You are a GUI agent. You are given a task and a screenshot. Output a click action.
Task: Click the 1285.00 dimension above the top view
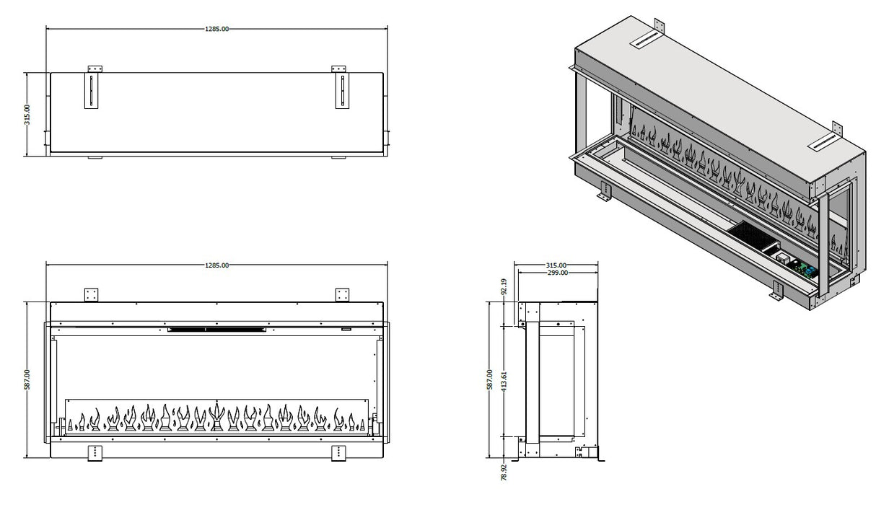click(217, 29)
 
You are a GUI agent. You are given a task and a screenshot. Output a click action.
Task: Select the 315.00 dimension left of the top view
click(27, 114)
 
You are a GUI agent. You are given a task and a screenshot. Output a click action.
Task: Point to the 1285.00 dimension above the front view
click(217, 265)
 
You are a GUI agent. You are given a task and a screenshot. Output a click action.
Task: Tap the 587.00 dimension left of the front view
click(27, 380)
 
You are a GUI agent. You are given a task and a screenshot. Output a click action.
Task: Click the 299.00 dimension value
click(556, 273)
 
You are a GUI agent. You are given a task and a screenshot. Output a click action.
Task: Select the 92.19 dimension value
click(504, 286)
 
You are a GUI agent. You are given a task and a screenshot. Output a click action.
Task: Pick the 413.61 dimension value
click(504, 380)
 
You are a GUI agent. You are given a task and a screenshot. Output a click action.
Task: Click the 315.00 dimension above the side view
click(556, 265)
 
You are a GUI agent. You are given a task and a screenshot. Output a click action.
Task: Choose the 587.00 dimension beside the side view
click(490, 380)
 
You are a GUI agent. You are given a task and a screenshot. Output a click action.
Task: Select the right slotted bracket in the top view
click(342, 90)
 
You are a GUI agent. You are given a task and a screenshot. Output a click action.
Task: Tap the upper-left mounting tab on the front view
click(91, 295)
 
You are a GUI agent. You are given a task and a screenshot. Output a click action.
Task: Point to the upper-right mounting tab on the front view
click(342, 295)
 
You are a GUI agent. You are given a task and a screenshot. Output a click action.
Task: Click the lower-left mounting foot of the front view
click(93, 452)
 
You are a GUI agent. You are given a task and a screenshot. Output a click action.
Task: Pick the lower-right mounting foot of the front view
click(338, 452)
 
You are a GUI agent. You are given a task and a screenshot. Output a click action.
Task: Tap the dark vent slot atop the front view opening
click(216, 330)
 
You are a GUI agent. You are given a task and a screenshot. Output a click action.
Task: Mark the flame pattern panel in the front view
click(216, 417)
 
